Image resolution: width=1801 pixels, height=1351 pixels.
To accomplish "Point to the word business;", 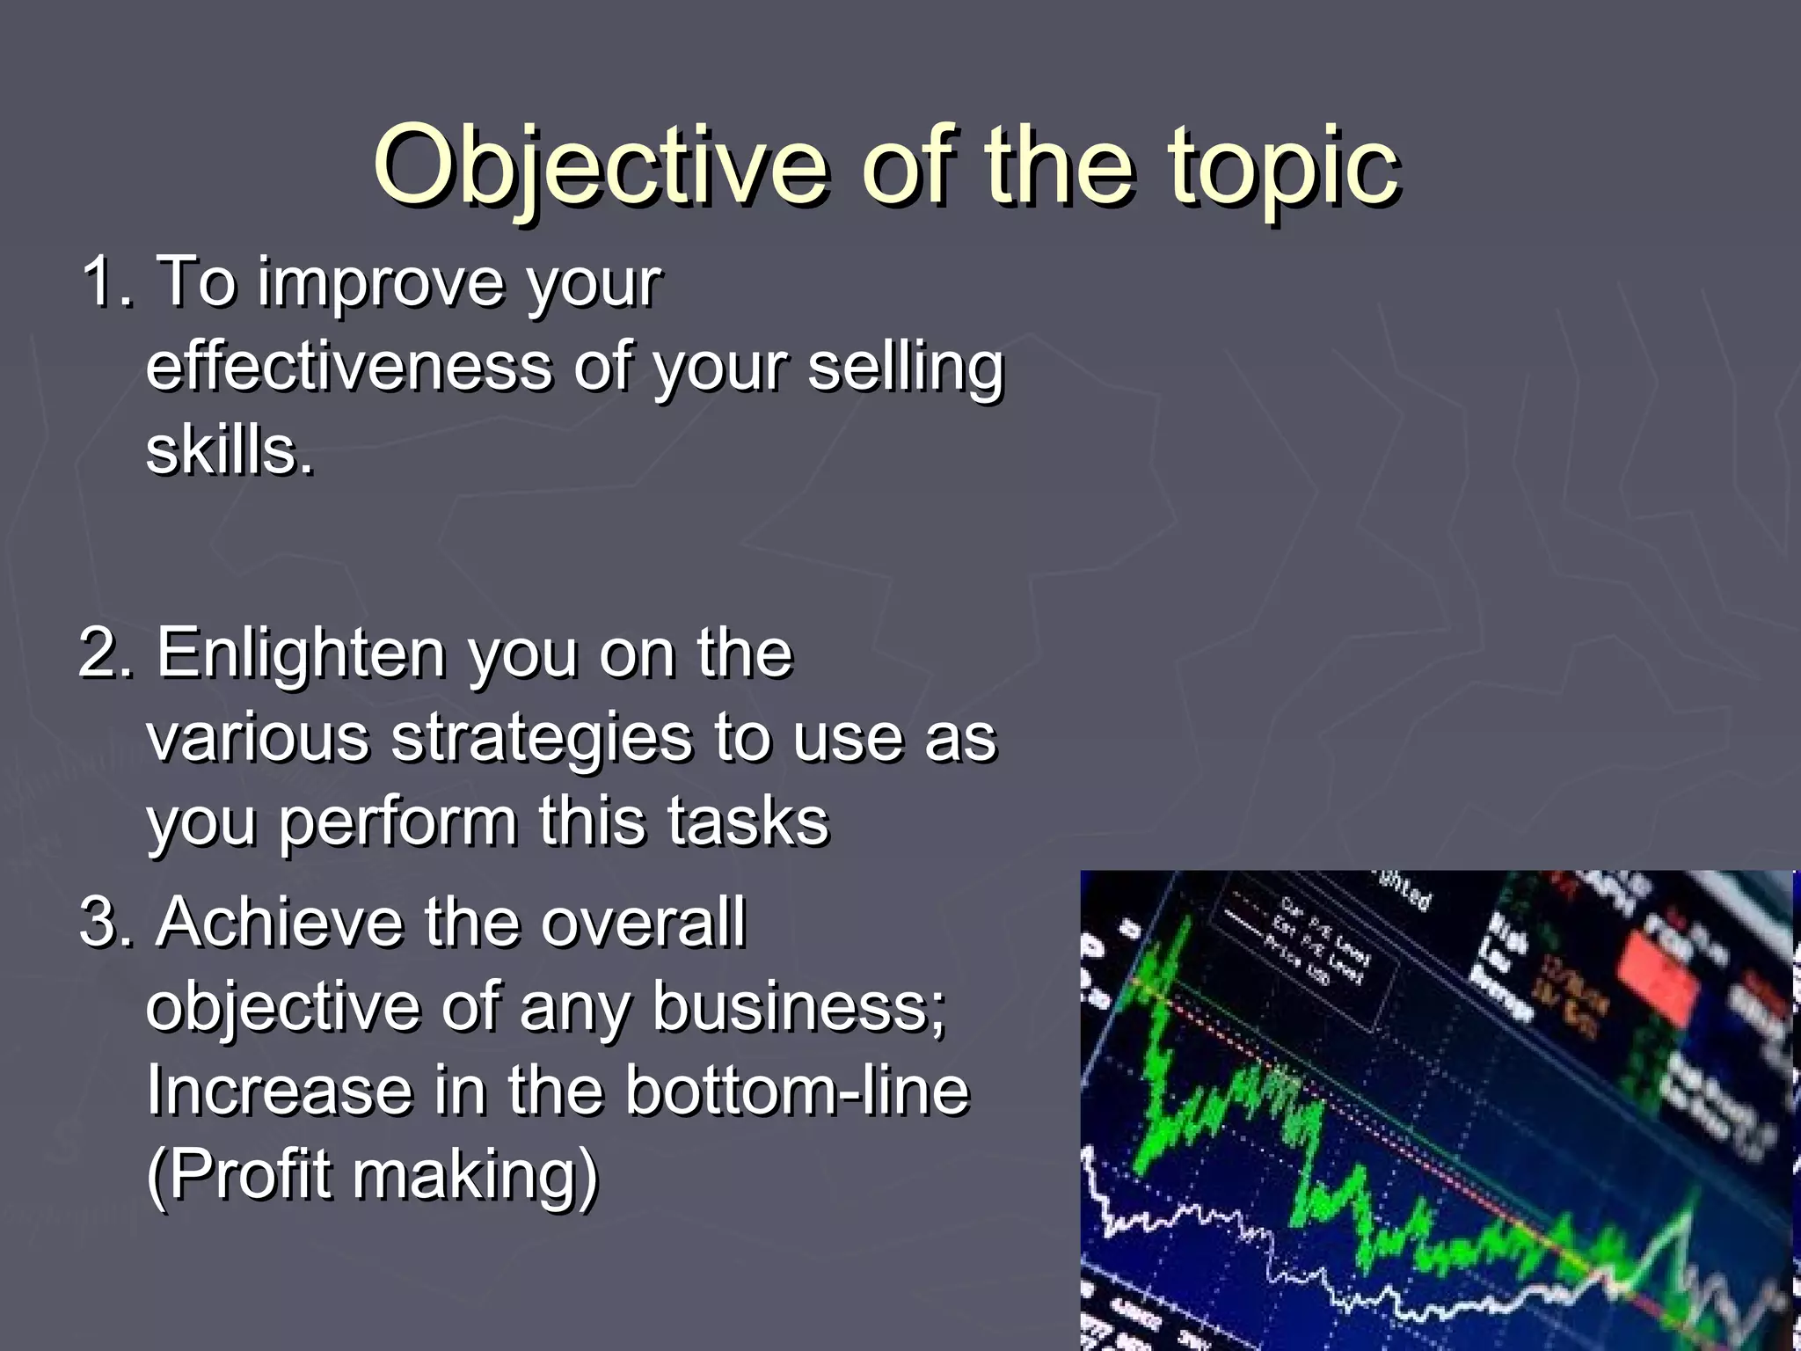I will [798, 1007].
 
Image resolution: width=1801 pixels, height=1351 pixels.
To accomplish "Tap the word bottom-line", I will [797, 1092].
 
